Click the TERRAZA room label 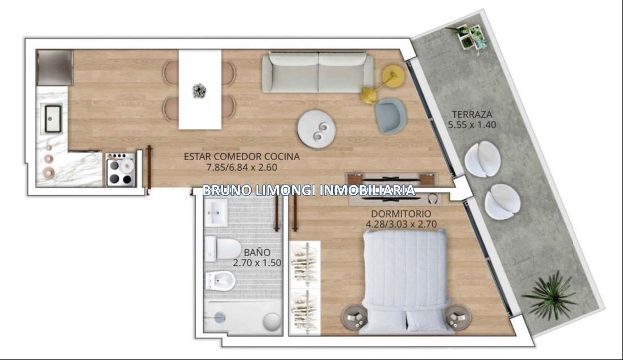pos(472,115)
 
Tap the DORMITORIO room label pos(402,214)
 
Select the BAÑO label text pos(257,252)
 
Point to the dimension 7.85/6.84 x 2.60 pos(241,168)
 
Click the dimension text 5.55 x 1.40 pos(472,125)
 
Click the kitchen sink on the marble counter pos(53,118)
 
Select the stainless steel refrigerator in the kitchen pos(55,67)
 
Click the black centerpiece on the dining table pos(199,91)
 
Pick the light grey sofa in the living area pos(318,72)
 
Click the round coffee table pos(317,129)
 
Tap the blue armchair pos(391,116)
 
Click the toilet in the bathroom pos(222,249)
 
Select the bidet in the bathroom pos(220,281)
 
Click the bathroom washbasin pos(216,212)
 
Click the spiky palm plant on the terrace pos(551,295)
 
